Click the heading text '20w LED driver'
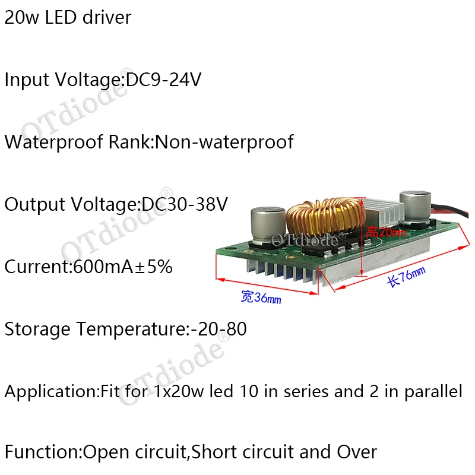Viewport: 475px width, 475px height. pos(68,18)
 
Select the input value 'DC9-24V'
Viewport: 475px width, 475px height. pos(163,80)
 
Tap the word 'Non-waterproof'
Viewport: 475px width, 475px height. pos(224,142)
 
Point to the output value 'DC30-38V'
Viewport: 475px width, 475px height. pos(185,205)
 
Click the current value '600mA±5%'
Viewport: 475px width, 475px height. pos(122,267)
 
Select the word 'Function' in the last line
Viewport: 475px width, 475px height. pos(41,452)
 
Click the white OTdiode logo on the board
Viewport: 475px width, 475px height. pos(305,240)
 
